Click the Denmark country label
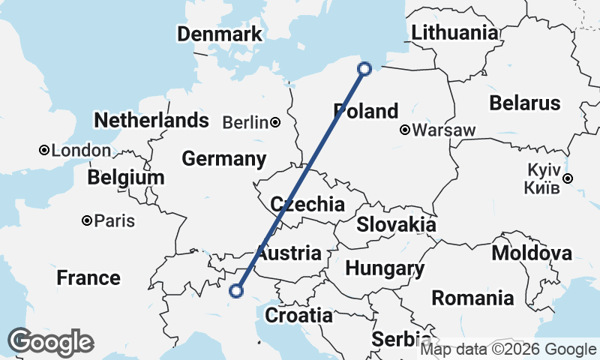(220, 34)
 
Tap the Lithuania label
(454, 33)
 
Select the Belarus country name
(525, 103)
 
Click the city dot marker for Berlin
(277, 122)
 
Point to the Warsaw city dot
(405, 130)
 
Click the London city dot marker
(44, 151)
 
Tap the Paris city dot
(88, 220)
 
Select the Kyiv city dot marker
(568, 178)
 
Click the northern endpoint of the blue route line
(364, 69)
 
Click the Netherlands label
(151, 120)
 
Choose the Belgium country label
(125, 178)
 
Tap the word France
(88, 278)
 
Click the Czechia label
(307, 204)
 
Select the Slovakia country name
(396, 224)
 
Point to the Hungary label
(385, 268)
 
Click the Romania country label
(473, 298)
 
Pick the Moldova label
(532, 253)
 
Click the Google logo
(50, 342)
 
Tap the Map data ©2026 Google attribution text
(508, 349)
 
